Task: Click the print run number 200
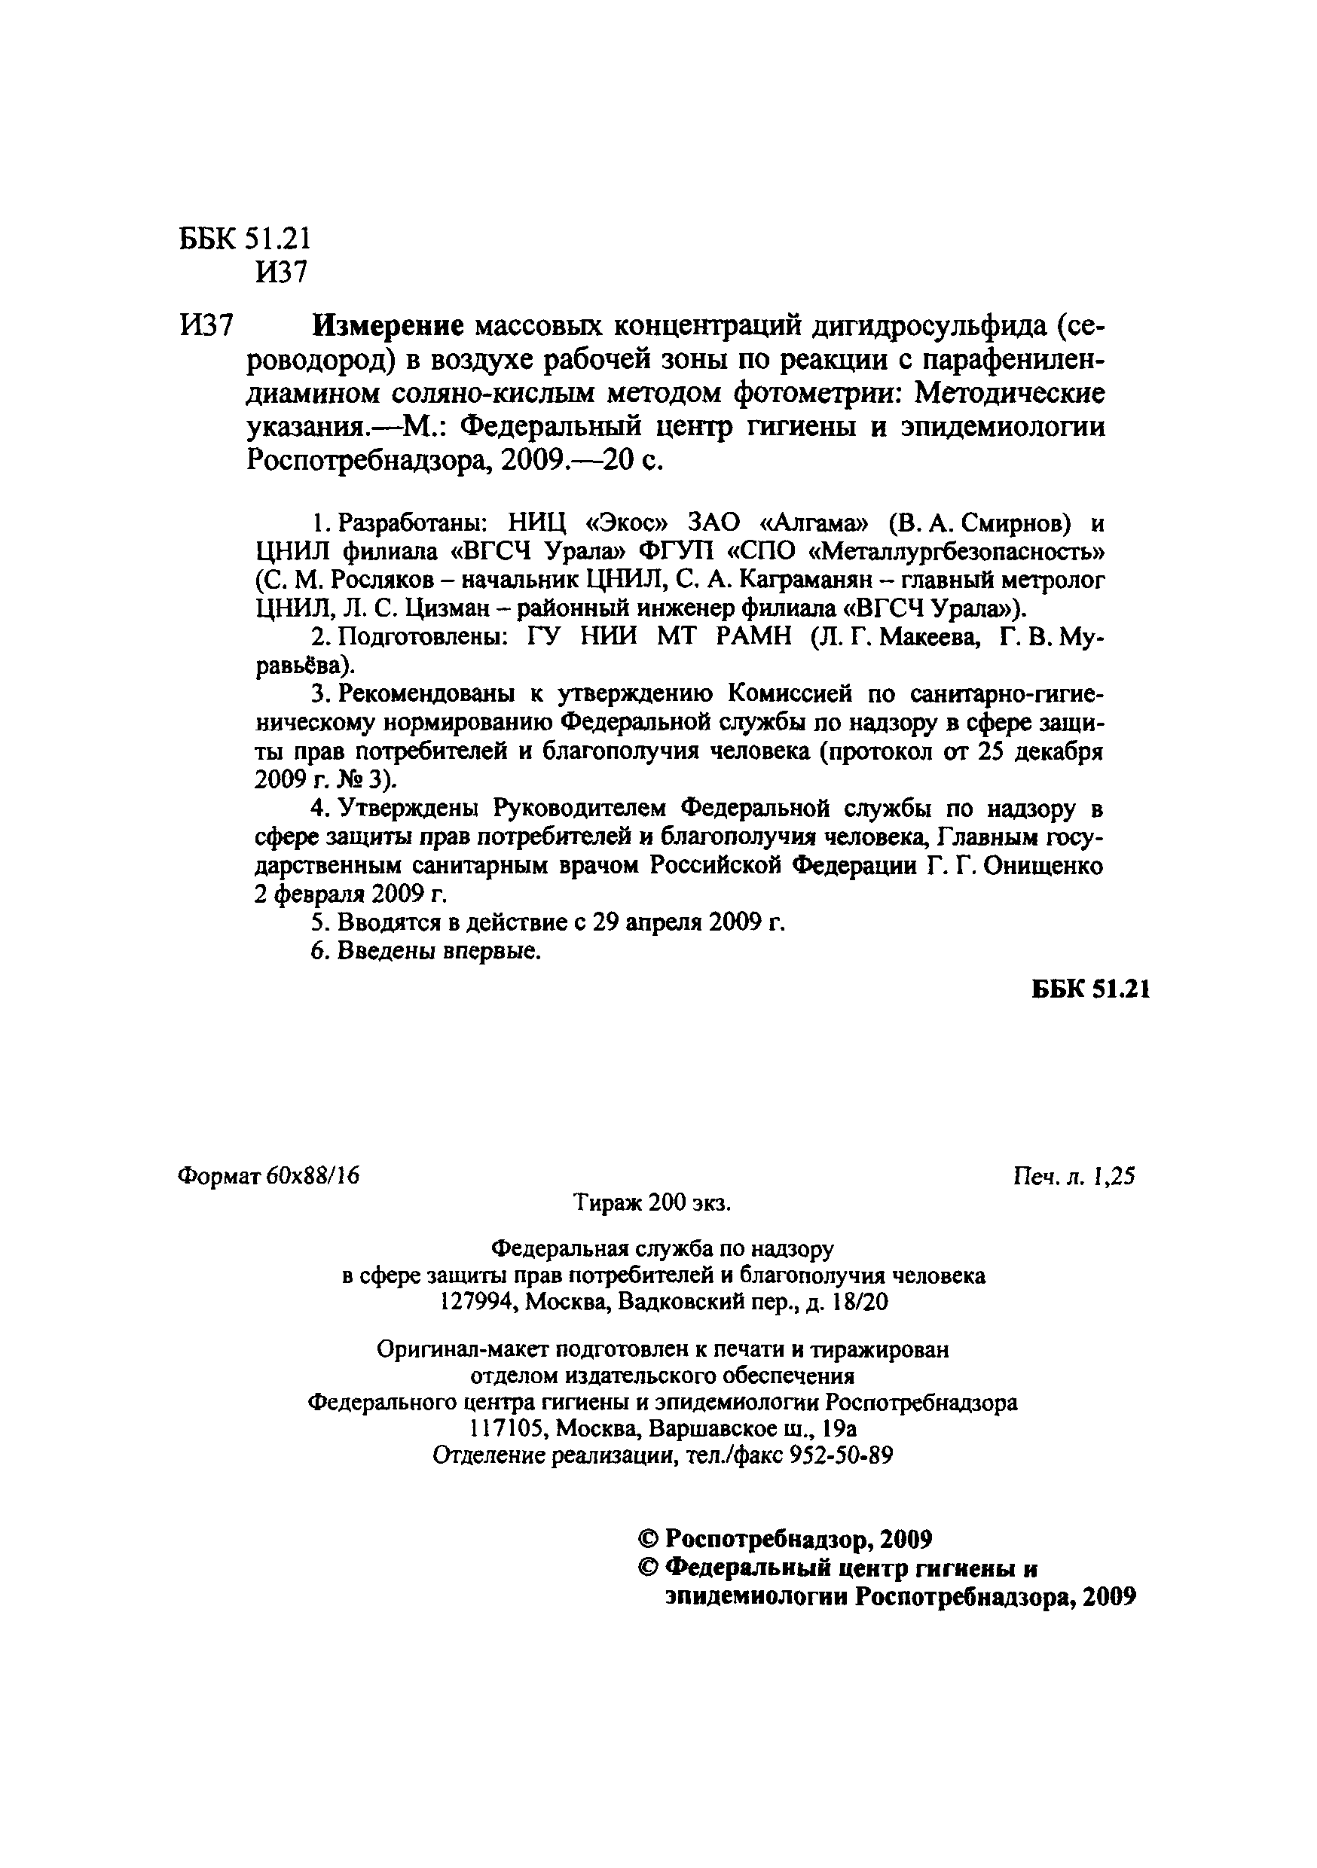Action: click(x=668, y=1202)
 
